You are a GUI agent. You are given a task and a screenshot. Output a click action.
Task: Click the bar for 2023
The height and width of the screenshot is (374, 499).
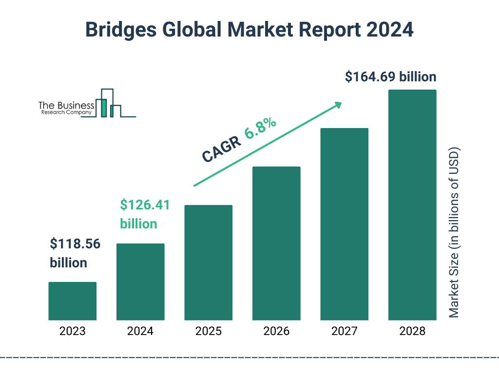(72, 301)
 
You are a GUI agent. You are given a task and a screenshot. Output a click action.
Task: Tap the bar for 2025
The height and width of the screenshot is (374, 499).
(208, 262)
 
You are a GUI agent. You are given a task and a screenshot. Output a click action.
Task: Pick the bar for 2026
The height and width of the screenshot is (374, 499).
(276, 243)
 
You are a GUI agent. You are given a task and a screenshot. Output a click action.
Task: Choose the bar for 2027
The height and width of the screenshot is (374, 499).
(344, 224)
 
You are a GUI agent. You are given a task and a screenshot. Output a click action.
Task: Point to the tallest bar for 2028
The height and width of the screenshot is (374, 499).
(412, 205)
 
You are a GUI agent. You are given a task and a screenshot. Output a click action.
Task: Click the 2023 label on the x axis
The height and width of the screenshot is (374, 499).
(72, 332)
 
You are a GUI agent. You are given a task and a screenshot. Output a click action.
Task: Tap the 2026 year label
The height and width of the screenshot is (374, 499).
(276, 332)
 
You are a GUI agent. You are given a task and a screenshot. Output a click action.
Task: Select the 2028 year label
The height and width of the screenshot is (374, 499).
(412, 332)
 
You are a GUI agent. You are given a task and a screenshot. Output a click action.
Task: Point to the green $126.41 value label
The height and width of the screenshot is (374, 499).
(145, 205)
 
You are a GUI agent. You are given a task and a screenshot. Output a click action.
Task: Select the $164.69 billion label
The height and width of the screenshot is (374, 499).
(390, 77)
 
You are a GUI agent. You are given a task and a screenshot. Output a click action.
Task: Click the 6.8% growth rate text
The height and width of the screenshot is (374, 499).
(261, 128)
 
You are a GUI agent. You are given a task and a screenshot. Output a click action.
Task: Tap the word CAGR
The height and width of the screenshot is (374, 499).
(221, 149)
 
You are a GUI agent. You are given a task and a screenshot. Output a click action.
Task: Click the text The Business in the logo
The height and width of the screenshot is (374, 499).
(66, 105)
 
